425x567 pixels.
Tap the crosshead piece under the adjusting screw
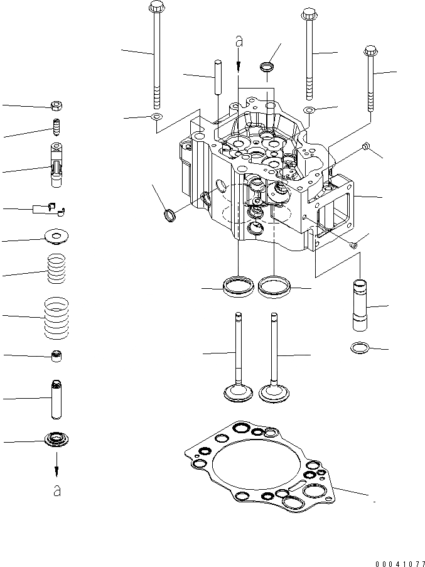tap(56, 165)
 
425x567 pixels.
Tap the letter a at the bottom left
tap(57, 491)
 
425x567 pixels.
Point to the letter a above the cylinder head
tap(238, 41)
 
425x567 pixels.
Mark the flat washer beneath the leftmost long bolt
tap(156, 117)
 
